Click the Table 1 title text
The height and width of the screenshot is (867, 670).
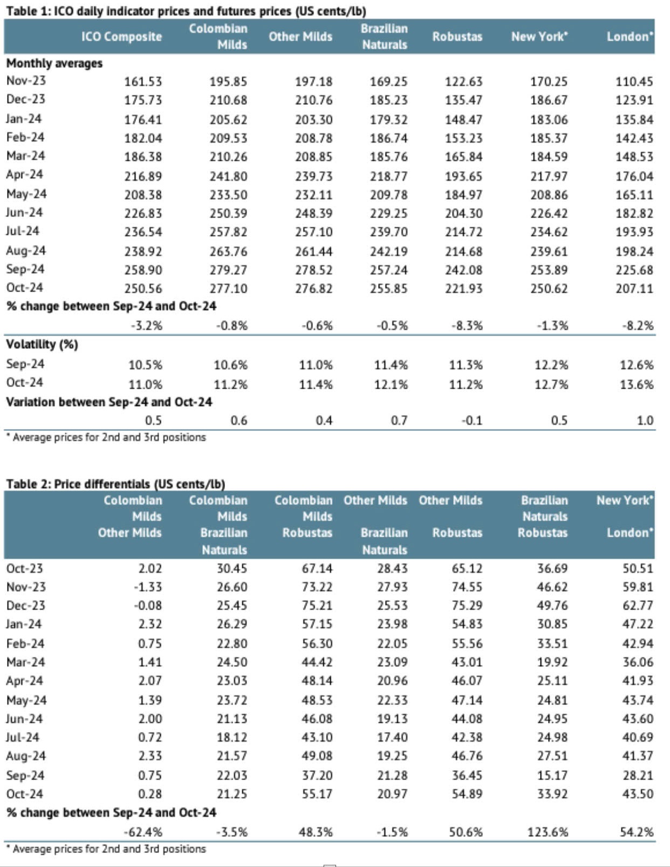coord(186,11)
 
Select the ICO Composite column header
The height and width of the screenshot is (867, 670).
coord(121,37)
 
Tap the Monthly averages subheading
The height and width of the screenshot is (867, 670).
coord(54,63)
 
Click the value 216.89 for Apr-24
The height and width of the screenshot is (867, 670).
coord(143,176)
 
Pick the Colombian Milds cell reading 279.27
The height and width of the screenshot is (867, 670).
coord(228,270)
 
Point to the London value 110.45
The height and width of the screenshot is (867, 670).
coord(634,82)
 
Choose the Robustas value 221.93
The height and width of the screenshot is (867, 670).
coord(463,288)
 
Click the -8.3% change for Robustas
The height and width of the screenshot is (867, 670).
coord(467,326)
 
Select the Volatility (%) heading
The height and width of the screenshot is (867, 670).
coord(42,344)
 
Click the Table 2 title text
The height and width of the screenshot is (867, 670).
coord(115,484)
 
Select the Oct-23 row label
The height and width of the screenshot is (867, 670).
coord(24,568)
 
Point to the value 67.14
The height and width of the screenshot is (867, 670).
coord(317,568)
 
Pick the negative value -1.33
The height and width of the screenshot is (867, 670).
coord(148,587)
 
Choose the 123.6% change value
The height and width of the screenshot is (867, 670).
coord(548,832)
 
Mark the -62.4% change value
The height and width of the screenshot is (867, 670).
coord(143,832)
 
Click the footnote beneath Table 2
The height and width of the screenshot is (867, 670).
coord(106,849)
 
